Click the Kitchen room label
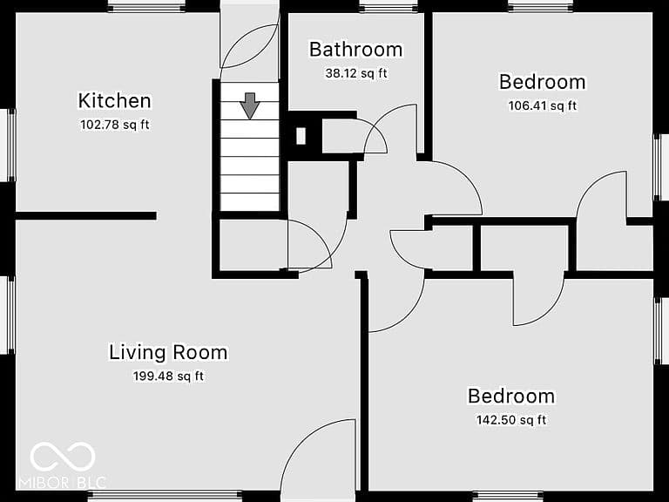click(x=115, y=101)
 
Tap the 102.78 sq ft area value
click(x=115, y=125)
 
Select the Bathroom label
click(x=355, y=50)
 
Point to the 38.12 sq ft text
click(x=356, y=73)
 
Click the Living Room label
click(x=168, y=353)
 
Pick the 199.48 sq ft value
click(x=168, y=376)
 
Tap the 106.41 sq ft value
click(x=543, y=105)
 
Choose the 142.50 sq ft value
click(x=511, y=420)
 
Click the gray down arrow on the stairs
click(x=250, y=105)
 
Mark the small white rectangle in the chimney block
click(x=301, y=136)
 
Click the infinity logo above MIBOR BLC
click(x=63, y=457)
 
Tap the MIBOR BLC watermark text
click(x=63, y=483)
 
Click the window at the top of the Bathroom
click(x=388, y=6)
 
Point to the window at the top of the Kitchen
click(x=146, y=6)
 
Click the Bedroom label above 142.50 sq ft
click(x=511, y=397)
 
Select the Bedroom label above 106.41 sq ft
click(x=543, y=82)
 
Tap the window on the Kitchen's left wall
click(x=8, y=146)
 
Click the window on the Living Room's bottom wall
click(x=166, y=496)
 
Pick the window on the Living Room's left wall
click(x=8, y=315)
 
